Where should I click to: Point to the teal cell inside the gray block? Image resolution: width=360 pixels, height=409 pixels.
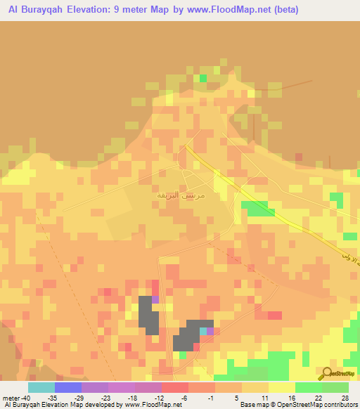(x=203, y=330)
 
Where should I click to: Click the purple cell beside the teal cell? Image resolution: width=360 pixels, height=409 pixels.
(x=210, y=330)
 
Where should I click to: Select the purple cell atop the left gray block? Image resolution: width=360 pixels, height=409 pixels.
(x=155, y=299)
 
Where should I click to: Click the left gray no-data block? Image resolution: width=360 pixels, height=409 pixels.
(x=148, y=316)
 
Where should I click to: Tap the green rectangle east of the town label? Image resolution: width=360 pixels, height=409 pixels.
(x=258, y=208)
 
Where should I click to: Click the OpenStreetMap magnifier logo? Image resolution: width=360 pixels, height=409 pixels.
(x=327, y=373)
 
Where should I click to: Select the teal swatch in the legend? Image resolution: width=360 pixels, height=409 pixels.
(x=41, y=387)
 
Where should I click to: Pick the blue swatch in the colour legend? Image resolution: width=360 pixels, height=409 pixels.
(x=68, y=387)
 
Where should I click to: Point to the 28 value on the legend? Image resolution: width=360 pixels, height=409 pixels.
(x=345, y=397)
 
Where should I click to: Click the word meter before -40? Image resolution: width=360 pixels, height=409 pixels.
(x=12, y=397)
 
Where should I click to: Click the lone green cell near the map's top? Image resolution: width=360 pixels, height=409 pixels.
(x=202, y=78)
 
